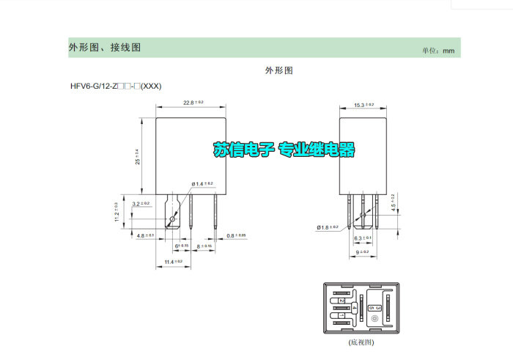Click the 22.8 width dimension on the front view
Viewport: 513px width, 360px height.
pyautogui.click(x=193, y=102)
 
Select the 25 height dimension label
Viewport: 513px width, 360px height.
pyautogui.click(x=136, y=156)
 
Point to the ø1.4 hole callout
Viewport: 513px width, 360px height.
pyautogui.click(x=202, y=183)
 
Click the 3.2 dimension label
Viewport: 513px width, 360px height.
pyautogui.click(x=141, y=203)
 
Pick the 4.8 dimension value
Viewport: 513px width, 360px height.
pyautogui.click(x=145, y=235)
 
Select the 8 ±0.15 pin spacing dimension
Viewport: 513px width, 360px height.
pyautogui.click(x=204, y=246)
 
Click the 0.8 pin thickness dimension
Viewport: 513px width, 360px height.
pyautogui.click(x=236, y=235)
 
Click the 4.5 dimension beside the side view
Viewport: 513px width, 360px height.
pyautogui.click(x=394, y=202)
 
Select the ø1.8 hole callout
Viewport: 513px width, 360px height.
pyautogui.click(x=327, y=228)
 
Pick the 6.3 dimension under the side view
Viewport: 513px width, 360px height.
pyautogui.click(x=362, y=238)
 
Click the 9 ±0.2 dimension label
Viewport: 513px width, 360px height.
pyautogui.click(x=362, y=252)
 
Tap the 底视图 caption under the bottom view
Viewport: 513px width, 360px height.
pyautogui.click(x=360, y=342)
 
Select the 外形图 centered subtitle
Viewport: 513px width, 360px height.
pyautogui.click(x=278, y=70)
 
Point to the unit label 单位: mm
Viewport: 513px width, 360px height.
pyautogui.click(x=438, y=51)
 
